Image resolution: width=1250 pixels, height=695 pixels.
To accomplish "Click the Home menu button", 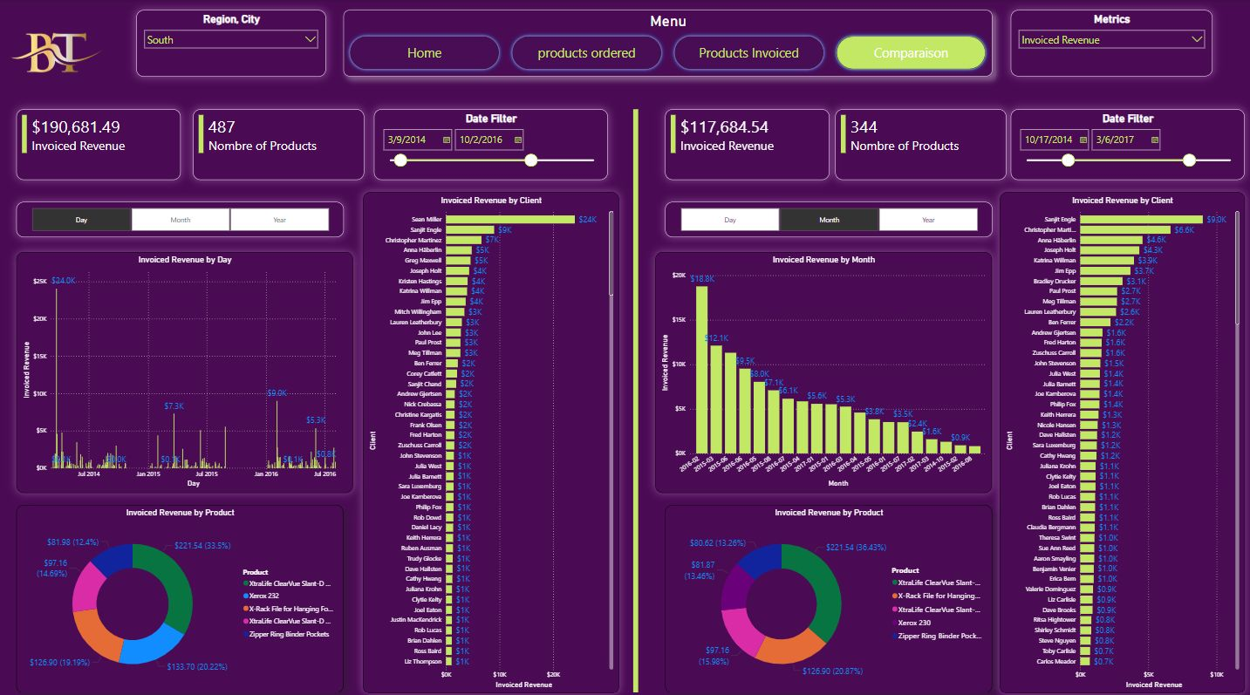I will click(424, 53).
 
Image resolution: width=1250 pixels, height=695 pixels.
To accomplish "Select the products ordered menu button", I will click(586, 53).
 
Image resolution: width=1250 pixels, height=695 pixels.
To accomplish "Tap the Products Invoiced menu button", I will click(748, 53).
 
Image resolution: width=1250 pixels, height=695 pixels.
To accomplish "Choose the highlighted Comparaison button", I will click(911, 53).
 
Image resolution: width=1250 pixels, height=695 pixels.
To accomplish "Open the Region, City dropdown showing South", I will click(231, 40).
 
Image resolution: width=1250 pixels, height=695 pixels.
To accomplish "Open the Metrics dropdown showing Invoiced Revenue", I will click(1111, 40).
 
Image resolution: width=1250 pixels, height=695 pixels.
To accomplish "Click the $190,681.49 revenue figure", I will click(76, 127).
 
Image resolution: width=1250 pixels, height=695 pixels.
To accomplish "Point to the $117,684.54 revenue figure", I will click(724, 127).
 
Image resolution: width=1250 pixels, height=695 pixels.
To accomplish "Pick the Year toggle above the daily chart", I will click(279, 220).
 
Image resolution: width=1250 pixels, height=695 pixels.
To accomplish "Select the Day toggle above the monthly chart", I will click(730, 220).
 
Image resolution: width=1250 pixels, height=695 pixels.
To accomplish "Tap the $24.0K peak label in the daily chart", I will click(64, 281).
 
